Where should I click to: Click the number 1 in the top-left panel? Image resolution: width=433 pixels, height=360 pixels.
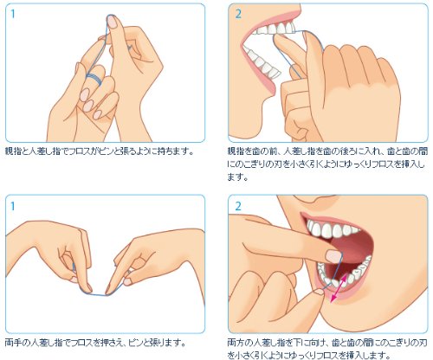[x=12, y=14]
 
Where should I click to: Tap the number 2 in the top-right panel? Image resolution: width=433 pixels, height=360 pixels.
[x=238, y=14]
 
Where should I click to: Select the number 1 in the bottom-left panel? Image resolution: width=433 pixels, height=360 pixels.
[x=12, y=206]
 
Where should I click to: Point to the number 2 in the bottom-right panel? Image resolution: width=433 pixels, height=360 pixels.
[x=238, y=206]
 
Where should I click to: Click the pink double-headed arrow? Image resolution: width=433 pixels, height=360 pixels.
[x=339, y=288]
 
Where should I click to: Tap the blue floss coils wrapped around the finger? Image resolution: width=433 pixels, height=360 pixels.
[x=94, y=79]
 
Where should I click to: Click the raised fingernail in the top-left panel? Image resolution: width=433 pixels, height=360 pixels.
[x=112, y=22]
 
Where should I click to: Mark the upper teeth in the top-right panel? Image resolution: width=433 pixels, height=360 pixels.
[x=275, y=29]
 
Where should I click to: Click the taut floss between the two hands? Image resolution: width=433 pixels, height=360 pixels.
[x=98, y=294]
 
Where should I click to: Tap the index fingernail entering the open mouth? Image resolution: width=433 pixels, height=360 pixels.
[x=334, y=256]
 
